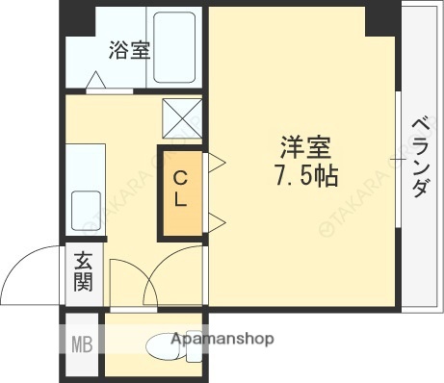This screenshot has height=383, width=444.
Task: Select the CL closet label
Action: [180, 191]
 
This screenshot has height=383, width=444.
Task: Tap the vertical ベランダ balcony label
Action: [420, 157]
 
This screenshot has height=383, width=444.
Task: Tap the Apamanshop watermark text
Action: [222, 339]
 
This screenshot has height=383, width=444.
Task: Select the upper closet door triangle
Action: [215, 160]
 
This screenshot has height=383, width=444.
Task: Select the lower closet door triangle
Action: [215, 222]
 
